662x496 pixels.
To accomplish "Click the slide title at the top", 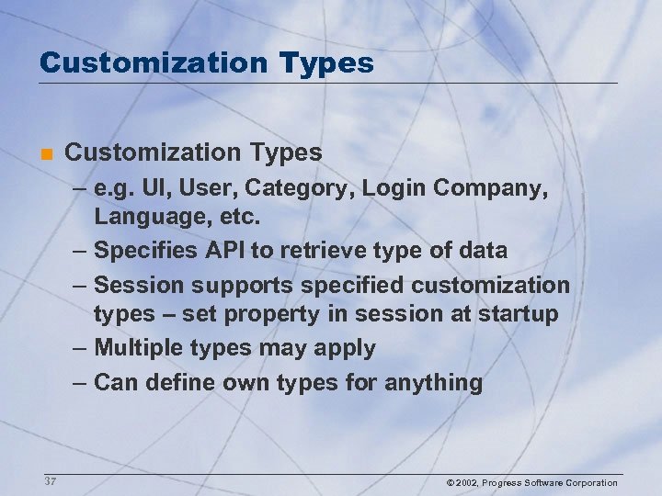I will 207,62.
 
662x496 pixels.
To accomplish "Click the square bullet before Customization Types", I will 45,152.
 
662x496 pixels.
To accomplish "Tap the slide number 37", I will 49,482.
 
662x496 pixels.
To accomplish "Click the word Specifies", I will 149,251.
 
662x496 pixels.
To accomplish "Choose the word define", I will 180,381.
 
